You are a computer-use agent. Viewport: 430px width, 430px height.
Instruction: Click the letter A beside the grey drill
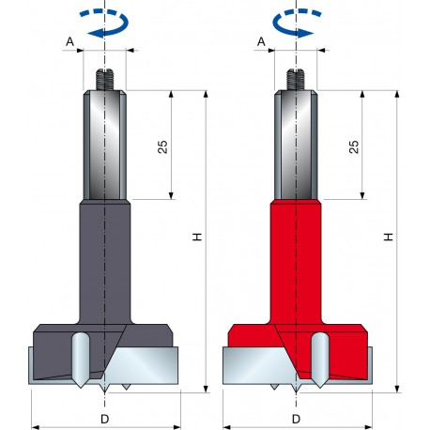coord(70,42)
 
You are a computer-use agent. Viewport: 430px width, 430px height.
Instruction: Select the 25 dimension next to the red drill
coord(352,146)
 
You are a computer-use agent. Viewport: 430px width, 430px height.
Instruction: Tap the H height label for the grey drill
coord(195,239)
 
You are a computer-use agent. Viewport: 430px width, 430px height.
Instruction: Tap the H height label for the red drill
coord(387,239)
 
